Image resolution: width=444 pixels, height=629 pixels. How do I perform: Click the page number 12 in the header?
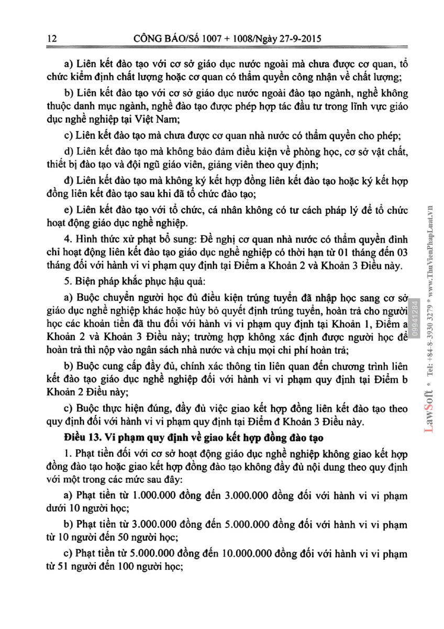pyautogui.click(x=51, y=38)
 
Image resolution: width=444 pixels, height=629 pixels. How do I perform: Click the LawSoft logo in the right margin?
pyautogui.click(x=428, y=414)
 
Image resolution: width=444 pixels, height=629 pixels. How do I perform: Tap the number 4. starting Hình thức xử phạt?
pyautogui.click(x=67, y=240)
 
